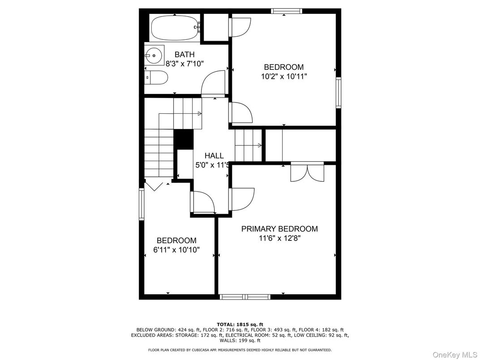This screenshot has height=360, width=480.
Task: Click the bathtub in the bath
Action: point(174,29)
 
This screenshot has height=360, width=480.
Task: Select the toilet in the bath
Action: point(157,78)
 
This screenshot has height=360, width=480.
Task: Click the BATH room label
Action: point(184,54)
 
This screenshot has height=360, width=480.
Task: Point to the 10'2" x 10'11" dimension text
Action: point(284,76)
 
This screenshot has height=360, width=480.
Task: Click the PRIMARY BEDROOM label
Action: point(279,229)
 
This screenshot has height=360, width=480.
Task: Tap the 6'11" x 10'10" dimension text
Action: point(176,250)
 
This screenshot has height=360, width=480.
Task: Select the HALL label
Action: point(214,155)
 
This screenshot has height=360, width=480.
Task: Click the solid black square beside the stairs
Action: point(183,139)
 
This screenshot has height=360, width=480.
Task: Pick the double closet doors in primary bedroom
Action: point(307,173)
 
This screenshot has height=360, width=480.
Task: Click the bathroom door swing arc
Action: point(213,83)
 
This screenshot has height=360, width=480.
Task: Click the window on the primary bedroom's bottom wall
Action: point(245,296)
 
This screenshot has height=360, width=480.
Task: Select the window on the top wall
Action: point(287,11)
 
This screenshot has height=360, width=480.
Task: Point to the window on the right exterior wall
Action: point(339,93)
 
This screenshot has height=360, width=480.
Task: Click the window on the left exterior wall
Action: point(141,205)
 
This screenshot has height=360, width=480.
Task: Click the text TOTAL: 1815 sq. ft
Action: point(240,324)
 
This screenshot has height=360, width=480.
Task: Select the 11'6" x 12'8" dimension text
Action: point(279,238)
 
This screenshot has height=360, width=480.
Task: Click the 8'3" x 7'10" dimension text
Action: point(184,64)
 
